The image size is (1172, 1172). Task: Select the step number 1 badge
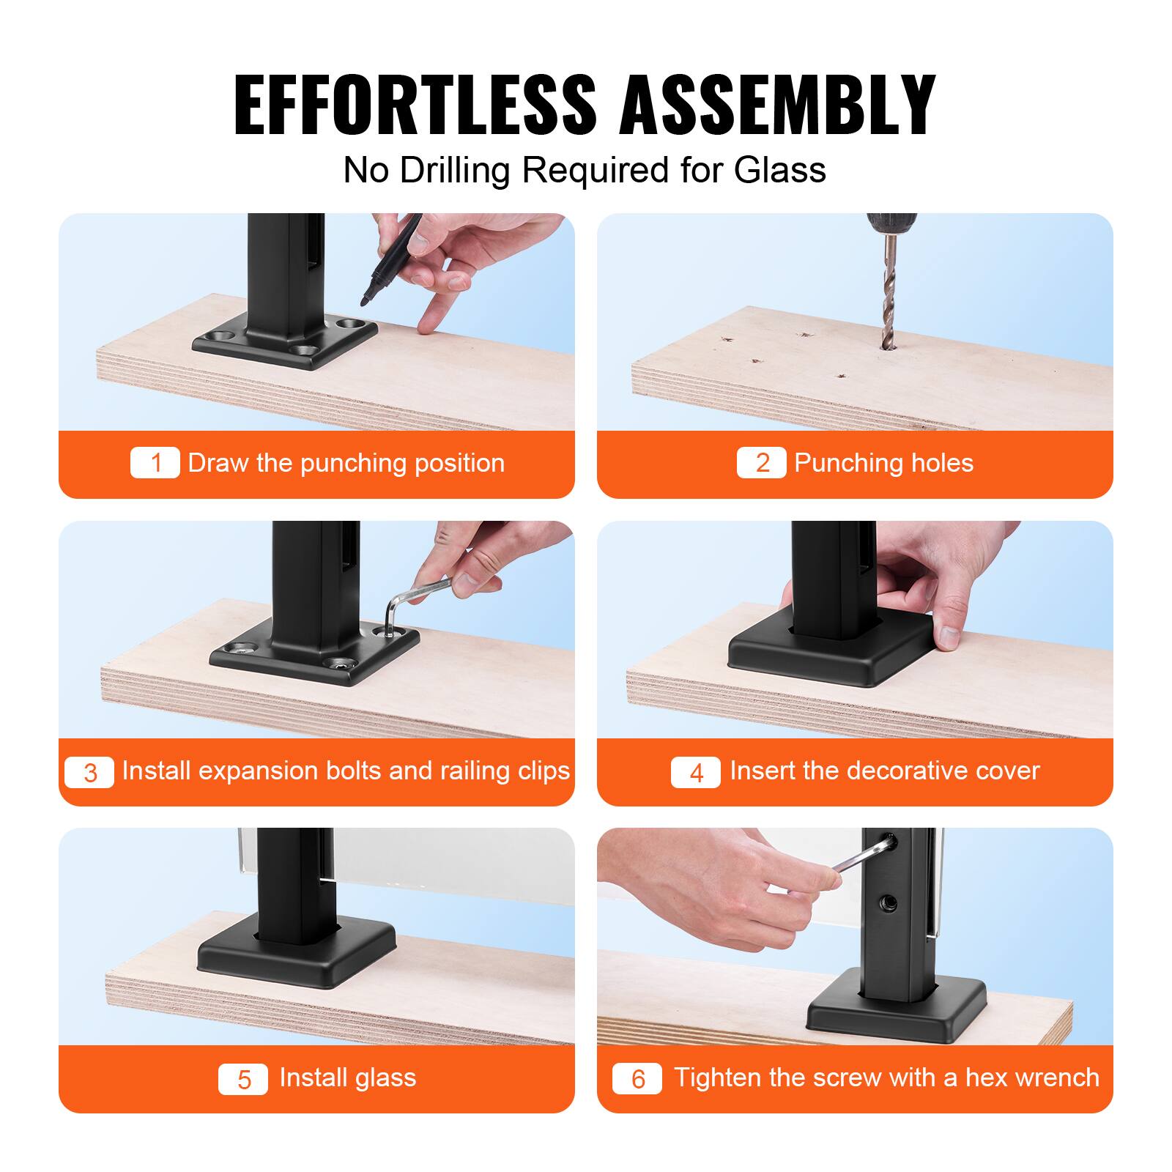point(155,463)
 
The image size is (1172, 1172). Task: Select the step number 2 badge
point(762,463)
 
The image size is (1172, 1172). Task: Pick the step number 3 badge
point(89,772)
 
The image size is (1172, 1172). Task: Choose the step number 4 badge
point(696,772)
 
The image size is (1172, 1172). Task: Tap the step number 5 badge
point(243,1079)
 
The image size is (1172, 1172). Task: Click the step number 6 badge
point(637,1079)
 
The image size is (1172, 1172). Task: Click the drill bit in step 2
point(889,293)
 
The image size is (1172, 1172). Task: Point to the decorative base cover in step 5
point(297,952)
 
